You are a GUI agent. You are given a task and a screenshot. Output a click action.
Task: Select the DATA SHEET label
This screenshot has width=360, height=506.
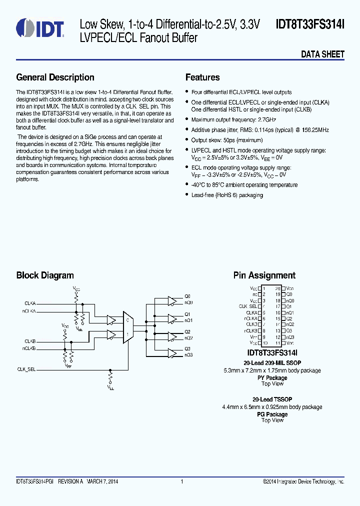coord(322,54)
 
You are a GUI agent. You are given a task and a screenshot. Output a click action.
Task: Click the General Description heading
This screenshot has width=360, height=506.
coord(55,77)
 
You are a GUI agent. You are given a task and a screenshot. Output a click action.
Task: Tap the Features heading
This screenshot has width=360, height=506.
coord(202,77)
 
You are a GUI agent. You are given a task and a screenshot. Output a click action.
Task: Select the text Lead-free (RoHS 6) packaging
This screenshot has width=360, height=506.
coord(227,195)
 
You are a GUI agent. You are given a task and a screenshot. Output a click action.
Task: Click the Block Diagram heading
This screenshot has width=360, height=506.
coord(45,275)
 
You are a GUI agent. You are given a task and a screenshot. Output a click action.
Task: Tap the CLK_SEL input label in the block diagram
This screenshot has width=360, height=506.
coord(26,369)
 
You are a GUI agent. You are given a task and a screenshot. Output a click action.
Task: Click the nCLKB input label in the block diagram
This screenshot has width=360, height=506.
coord(28,348)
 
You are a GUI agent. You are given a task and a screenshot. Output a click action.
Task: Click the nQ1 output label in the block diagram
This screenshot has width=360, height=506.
coord(188,320)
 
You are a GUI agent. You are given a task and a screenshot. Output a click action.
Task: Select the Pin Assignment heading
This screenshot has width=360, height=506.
coord(264,275)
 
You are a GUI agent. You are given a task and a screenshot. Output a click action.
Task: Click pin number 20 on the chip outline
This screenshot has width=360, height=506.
coord(278,288)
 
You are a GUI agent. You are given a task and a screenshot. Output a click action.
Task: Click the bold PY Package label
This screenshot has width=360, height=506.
coord(272,378)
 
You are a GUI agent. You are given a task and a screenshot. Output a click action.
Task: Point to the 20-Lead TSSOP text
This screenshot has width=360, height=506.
coord(272,399)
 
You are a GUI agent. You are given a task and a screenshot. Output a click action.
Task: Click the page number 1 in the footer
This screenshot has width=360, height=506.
coord(182,481)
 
